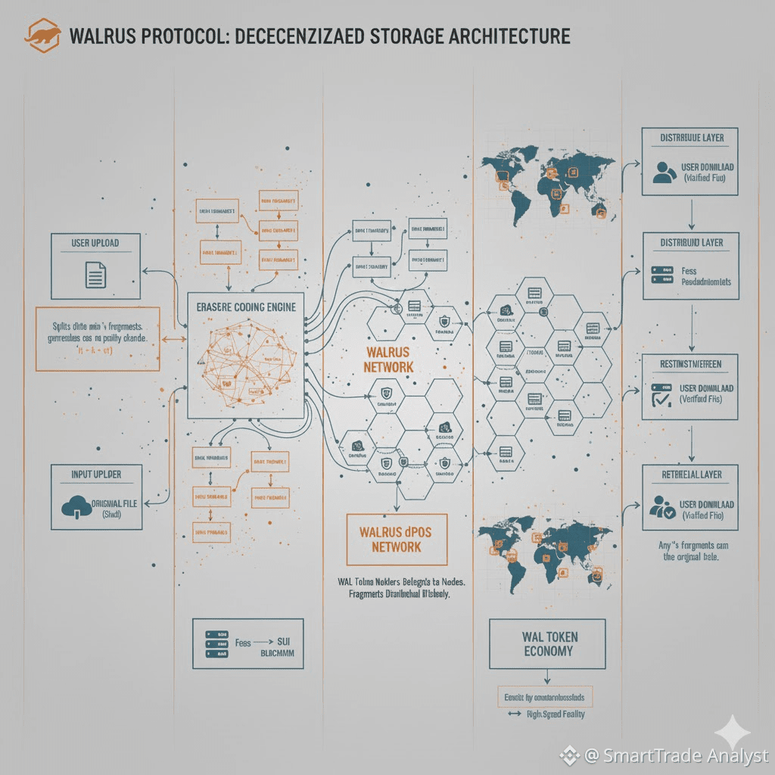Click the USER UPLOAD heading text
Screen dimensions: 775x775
tap(95, 244)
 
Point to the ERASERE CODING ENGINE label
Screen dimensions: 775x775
tap(246, 308)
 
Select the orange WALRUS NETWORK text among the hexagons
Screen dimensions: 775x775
tap(389, 359)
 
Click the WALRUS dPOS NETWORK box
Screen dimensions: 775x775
tap(397, 539)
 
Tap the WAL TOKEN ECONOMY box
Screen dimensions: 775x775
tap(547, 643)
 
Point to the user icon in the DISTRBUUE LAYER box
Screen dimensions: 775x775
tap(663, 172)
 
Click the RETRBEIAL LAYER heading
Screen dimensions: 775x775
tap(690, 475)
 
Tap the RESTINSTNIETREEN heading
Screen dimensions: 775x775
tap(690, 363)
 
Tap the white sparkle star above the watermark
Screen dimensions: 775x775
tap(733, 732)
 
